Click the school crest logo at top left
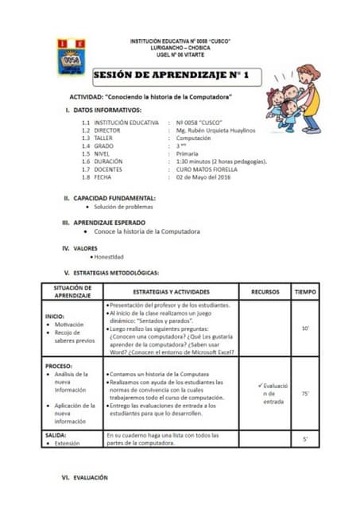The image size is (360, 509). pos(71,57)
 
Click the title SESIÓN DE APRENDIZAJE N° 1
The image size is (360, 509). pos(172,75)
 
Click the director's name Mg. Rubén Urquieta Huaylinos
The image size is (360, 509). pos(216,130)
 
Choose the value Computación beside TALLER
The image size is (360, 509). pos(199,138)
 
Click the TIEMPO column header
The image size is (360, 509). pos(305,291)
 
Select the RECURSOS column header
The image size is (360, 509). pos(265,291)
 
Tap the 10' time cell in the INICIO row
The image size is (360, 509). pos(305,328)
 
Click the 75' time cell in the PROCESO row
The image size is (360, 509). pos(305,393)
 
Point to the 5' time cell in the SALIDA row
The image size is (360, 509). pos(305,439)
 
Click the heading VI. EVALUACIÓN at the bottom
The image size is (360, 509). pos(86,477)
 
